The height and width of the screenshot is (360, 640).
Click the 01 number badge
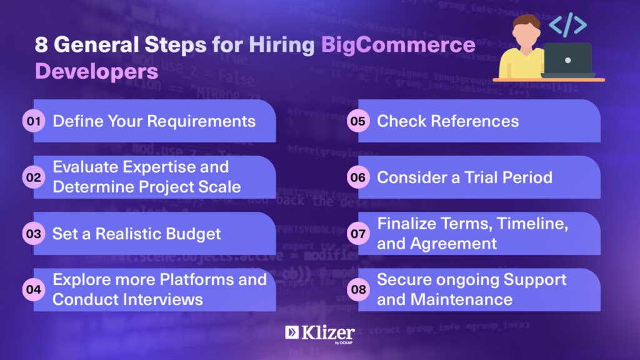pos(34,121)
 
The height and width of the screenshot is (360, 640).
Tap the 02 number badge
pos(34,177)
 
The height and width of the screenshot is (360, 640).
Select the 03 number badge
pos(34,234)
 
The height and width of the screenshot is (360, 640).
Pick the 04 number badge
pos(34,290)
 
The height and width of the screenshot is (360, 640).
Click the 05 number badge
pos(358,121)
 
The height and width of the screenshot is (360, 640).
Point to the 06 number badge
pos(358,177)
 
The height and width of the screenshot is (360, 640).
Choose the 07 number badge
pos(358,234)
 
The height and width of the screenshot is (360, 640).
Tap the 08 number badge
pos(358,290)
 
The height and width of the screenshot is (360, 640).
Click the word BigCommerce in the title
pos(398,45)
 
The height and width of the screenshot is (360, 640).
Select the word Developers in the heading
pos(97,72)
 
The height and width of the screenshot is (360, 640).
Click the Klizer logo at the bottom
pos(320,334)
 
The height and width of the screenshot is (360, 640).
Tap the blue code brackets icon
pos(567,24)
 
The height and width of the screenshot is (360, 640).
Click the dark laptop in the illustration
pos(567,61)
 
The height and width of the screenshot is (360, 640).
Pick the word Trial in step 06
pos(481,177)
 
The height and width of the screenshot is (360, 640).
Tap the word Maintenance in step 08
pos(461,300)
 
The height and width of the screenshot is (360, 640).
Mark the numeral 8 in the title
pos(41,45)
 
